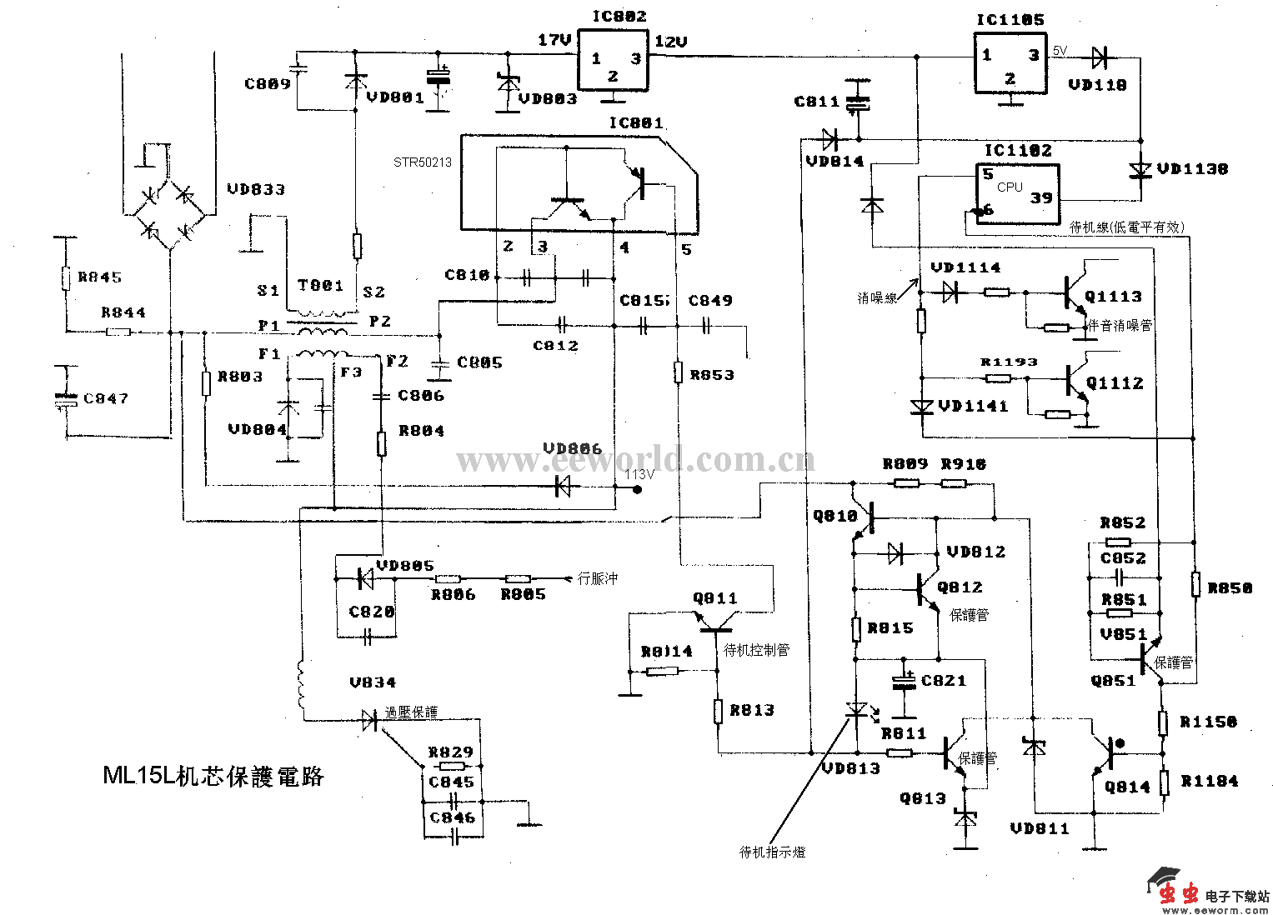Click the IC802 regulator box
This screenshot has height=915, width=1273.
tap(614, 60)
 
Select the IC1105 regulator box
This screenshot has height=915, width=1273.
tap(1010, 62)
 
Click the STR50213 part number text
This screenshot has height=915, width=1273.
tap(423, 162)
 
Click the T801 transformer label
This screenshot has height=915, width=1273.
tap(321, 286)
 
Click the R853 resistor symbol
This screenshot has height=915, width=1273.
tap(679, 373)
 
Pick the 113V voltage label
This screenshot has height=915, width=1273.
tap(640, 474)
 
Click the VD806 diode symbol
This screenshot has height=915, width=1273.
tap(564, 487)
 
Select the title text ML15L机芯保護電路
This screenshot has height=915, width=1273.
tap(213, 776)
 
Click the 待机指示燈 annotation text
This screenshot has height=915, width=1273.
tap(772, 852)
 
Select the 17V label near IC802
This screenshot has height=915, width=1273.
tap(554, 40)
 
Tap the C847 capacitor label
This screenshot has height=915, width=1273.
tap(106, 398)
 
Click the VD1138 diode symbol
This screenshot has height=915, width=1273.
tap(1140, 170)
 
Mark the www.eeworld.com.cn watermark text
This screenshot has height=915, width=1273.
tap(635, 459)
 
